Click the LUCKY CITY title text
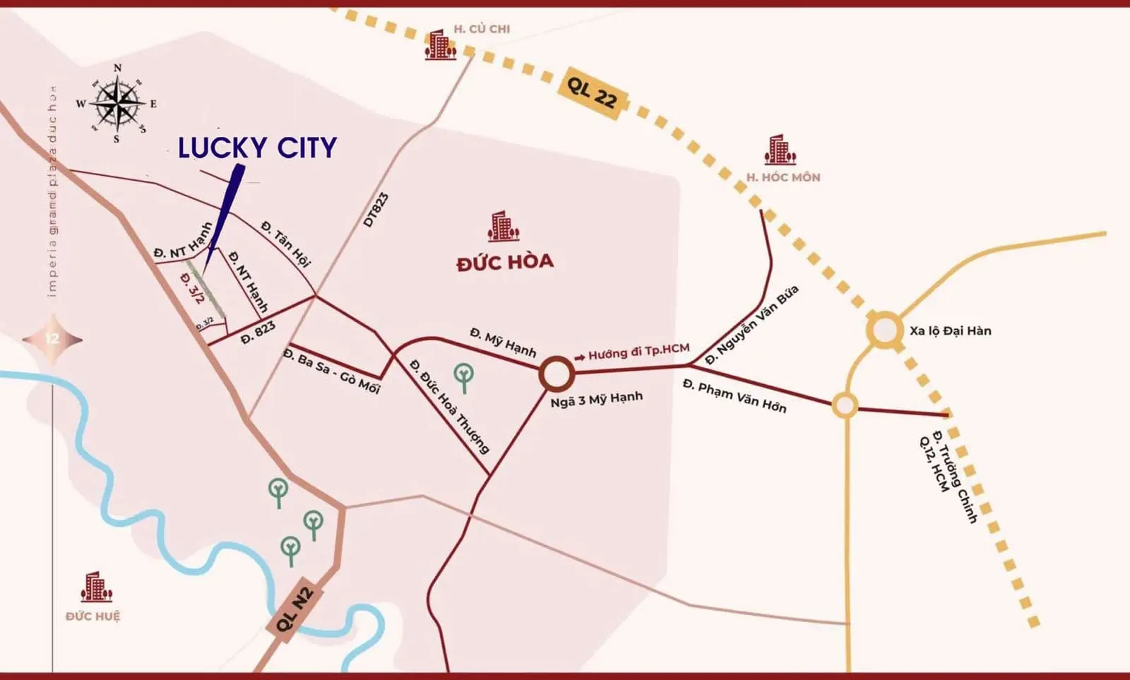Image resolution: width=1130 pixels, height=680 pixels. (x=257, y=148)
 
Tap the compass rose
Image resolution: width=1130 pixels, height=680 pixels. (x=117, y=104)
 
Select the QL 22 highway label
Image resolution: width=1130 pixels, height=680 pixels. (x=592, y=93)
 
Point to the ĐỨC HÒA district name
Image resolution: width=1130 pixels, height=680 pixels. (x=505, y=262)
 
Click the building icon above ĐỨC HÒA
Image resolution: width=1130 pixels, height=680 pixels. (x=503, y=226)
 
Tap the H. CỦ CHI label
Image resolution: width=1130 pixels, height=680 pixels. (x=482, y=29)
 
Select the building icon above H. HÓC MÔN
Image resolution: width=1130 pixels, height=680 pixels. (x=780, y=150)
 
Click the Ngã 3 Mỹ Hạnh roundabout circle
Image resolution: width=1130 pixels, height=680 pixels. (x=557, y=374)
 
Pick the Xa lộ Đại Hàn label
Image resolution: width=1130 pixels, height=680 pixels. (x=950, y=330)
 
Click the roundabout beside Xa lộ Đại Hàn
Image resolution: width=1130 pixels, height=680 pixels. (x=885, y=330)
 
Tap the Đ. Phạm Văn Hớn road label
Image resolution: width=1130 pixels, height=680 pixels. (x=734, y=395)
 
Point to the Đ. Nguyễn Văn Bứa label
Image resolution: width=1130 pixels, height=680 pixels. (x=752, y=325)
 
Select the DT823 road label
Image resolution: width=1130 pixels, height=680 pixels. (x=376, y=210)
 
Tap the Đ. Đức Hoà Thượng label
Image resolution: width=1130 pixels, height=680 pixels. (x=449, y=407)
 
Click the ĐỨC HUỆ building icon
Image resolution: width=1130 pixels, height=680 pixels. (x=95, y=587)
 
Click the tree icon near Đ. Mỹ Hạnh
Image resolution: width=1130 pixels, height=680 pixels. (x=464, y=377)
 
